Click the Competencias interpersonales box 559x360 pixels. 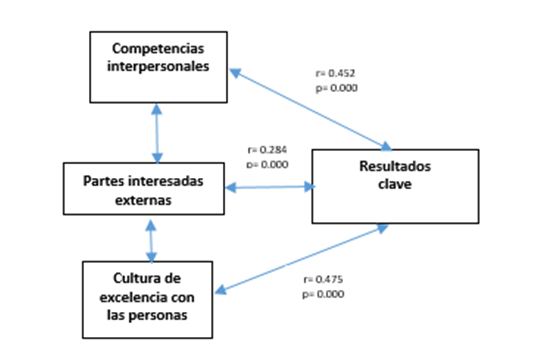pos(159,66)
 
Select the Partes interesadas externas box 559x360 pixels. pos(145,189)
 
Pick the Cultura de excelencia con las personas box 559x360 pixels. pos(148,297)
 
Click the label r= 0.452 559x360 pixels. pos(335,73)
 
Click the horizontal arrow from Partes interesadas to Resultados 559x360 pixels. pos(270,187)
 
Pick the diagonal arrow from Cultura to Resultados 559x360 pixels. pos(300,258)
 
